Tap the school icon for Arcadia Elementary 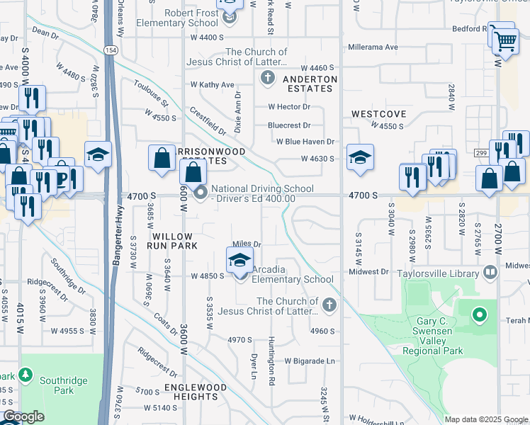coord(240,261)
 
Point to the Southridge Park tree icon coord(26,374)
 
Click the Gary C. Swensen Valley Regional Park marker coord(480,314)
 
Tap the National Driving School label coord(262,188)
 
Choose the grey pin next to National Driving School coord(201,192)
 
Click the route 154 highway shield coord(111,50)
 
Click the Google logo coord(23,417)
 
